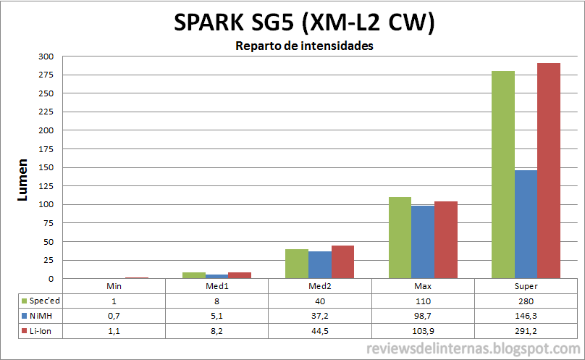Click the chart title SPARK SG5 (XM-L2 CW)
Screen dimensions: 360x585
coord(304,23)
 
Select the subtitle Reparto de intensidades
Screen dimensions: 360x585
coord(304,46)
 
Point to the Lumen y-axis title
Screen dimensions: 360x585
coord(22,180)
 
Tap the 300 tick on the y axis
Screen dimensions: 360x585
coord(46,56)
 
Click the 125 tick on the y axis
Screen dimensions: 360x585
coord(46,186)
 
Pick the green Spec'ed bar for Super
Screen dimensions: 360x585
coord(502,175)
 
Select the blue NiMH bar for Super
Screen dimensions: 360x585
coord(526,224)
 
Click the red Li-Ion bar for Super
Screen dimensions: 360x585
coord(548,171)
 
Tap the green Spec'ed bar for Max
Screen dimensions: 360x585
coord(400,238)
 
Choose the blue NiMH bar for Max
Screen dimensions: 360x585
coord(423,242)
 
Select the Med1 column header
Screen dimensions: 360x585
coord(216,286)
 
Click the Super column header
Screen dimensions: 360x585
coord(526,286)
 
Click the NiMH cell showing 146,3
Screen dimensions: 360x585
coord(526,315)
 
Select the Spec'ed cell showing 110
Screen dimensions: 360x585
coord(423,301)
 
